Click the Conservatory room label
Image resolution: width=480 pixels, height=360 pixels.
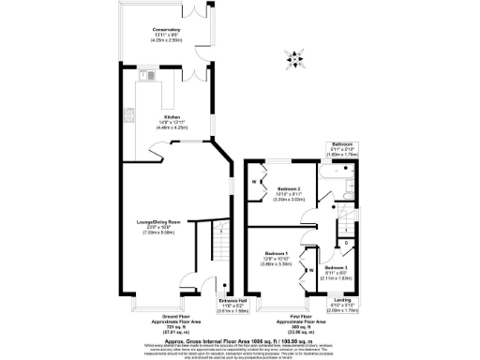tap(166, 30)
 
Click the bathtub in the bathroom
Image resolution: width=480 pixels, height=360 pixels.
tap(334, 174)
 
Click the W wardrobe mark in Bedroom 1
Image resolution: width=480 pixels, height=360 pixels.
tap(311, 272)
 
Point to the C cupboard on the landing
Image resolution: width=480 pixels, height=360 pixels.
tap(348, 244)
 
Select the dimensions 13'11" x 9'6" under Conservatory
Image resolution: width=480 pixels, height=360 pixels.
tap(166, 37)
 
